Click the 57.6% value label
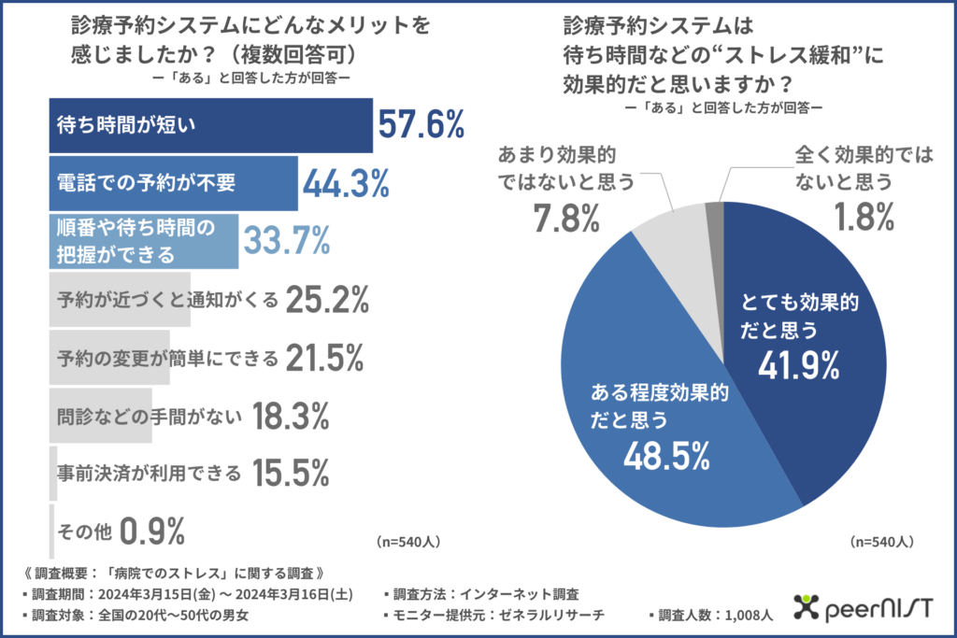point(421,124)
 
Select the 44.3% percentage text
point(345,183)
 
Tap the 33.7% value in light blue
point(288,241)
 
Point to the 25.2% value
point(327,300)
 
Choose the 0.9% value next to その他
point(153,532)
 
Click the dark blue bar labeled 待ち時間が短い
point(210,125)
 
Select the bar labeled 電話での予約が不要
point(173,183)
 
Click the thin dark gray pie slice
point(716,216)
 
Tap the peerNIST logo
point(860,609)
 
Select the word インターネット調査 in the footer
point(526,593)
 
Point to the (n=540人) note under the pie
point(881,542)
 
